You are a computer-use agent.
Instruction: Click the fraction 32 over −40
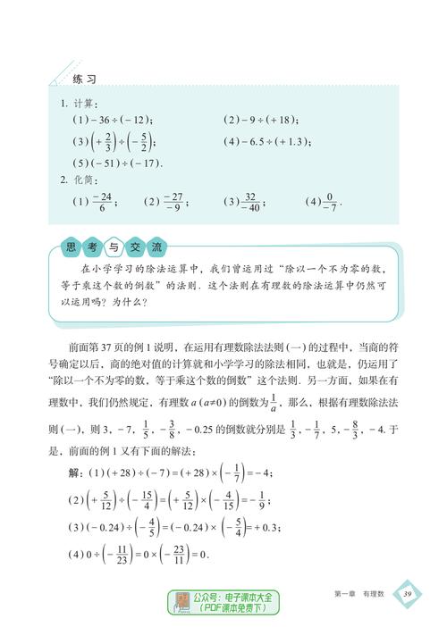tap(254, 201)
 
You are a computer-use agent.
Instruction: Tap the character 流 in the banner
tap(156, 247)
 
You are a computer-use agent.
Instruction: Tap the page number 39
tap(408, 594)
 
